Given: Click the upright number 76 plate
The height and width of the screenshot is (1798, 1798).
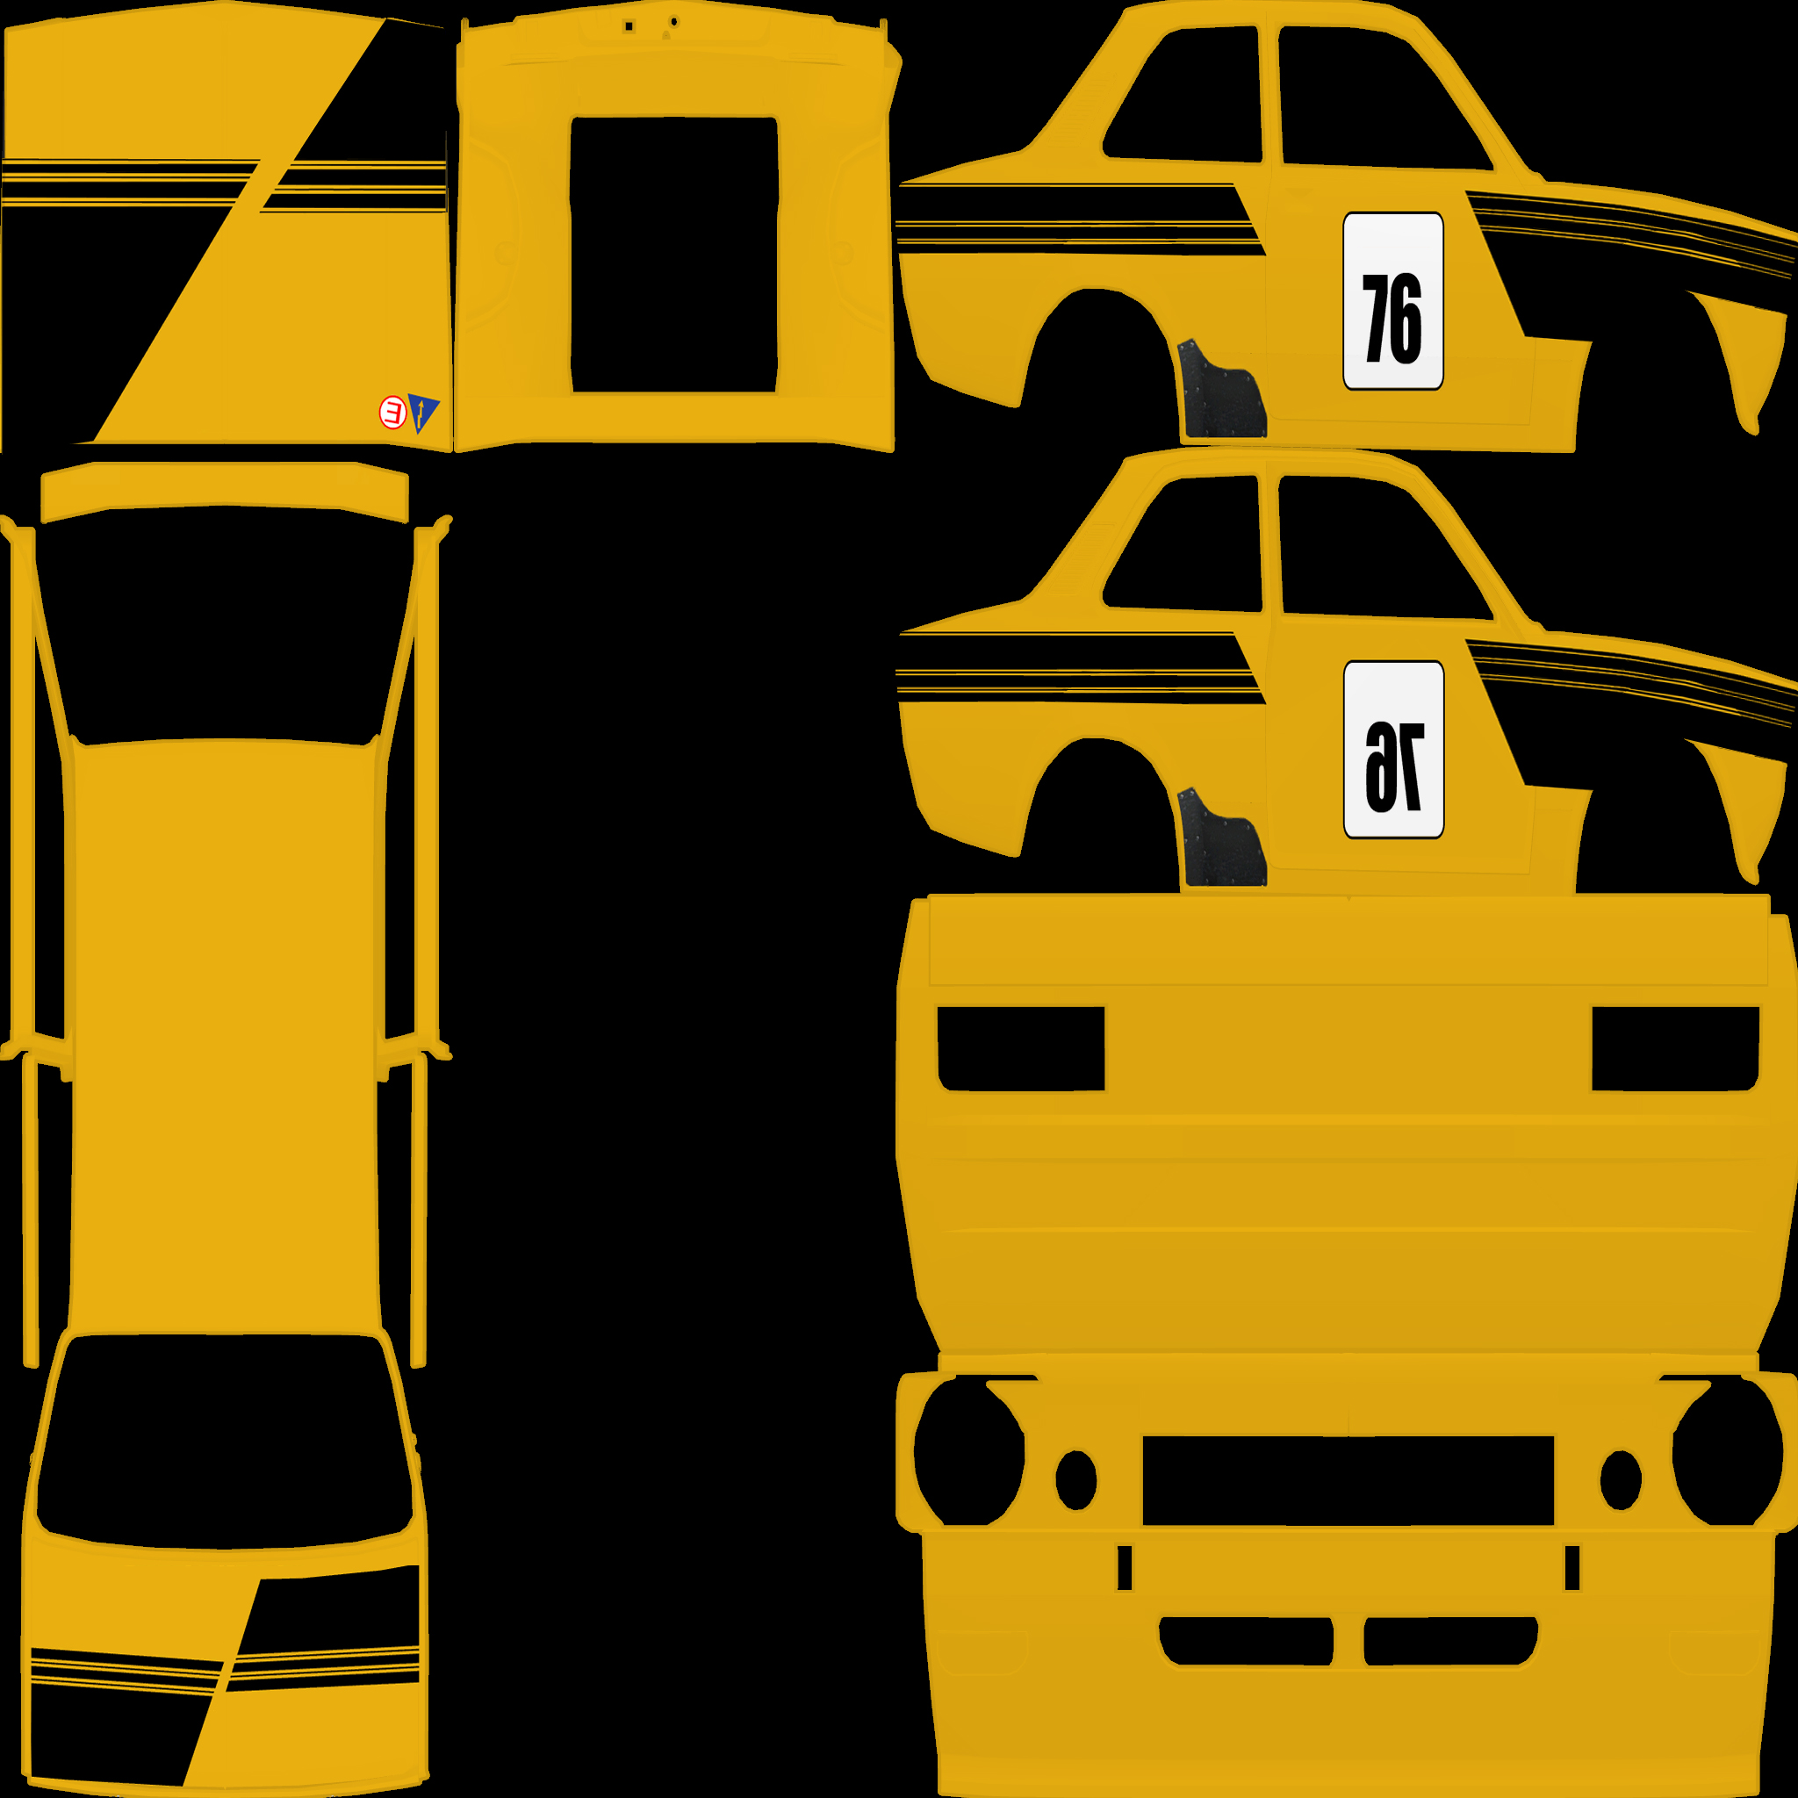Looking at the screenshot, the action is click(x=1392, y=300).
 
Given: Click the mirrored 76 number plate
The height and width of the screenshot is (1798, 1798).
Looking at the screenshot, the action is click(x=1393, y=749).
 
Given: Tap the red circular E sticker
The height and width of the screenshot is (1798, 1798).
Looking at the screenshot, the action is click(x=392, y=412).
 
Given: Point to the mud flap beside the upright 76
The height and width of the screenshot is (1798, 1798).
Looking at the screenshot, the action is click(x=1220, y=389).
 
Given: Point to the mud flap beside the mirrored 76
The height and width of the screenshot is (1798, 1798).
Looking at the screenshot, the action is click(x=1220, y=838).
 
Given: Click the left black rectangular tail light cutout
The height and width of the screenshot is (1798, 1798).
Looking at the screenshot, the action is click(x=1021, y=1048).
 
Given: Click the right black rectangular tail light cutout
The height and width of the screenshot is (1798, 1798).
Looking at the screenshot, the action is click(x=1675, y=1048).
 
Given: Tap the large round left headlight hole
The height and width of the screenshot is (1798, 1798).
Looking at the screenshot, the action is click(x=969, y=1451).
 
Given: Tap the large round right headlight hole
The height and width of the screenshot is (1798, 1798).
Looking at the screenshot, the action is click(x=1727, y=1451).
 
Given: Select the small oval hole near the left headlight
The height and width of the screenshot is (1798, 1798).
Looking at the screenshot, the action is click(x=1075, y=1479).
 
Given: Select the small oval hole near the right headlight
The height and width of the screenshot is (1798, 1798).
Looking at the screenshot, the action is click(x=1621, y=1479).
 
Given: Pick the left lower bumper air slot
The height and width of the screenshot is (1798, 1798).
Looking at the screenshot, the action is click(x=1246, y=1641).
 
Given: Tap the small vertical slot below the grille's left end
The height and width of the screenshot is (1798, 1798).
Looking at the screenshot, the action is click(x=1125, y=1567).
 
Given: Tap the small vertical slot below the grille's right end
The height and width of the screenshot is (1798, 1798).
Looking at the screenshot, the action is click(x=1571, y=1567).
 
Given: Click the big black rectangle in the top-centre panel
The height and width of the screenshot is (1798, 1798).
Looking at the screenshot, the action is click(x=673, y=255).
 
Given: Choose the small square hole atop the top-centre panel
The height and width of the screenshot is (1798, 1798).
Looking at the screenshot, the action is click(x=629, y=27).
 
